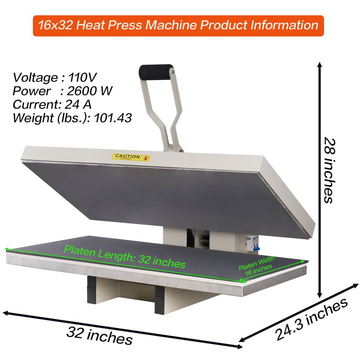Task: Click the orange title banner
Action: click(x=178, y=26)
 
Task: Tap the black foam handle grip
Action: click(x=156, y=69)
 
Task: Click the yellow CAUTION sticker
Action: click(x=131, y=157)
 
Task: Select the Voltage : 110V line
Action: click(x=55, y=77)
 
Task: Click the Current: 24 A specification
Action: click(x=52, y=104)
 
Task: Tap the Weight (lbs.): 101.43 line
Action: click(x=72, y=118)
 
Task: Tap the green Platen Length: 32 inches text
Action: click(x=125, y=257)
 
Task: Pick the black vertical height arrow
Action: click(x=319, y=180)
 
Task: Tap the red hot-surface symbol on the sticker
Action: click(x=145, y=158)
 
